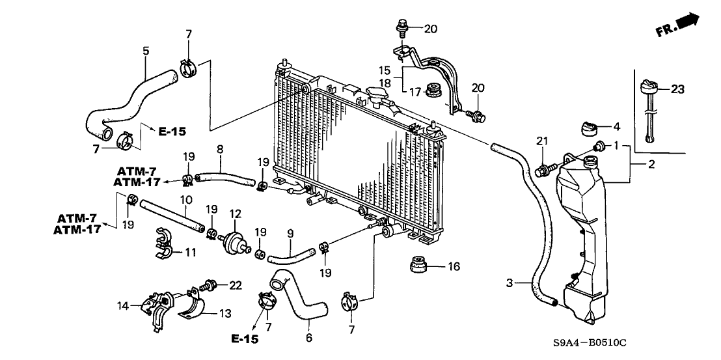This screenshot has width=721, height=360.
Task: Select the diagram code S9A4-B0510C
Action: tap(590, 342)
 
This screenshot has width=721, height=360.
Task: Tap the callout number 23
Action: tap(677, 89)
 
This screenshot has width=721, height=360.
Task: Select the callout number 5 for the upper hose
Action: tap(146, 51)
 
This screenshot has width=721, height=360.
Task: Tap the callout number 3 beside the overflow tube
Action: tap(510, 283)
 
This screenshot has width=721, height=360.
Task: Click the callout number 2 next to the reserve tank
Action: tap(651, 165)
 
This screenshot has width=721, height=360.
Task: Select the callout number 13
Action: tap(225, 314)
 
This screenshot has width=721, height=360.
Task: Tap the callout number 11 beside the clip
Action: tap(191, 252)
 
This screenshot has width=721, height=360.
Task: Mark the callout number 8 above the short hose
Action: tap(220, 149)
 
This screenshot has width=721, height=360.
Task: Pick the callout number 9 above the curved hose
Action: tap(290, 234)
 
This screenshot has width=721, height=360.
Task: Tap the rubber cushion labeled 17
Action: tap(433, 90)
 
